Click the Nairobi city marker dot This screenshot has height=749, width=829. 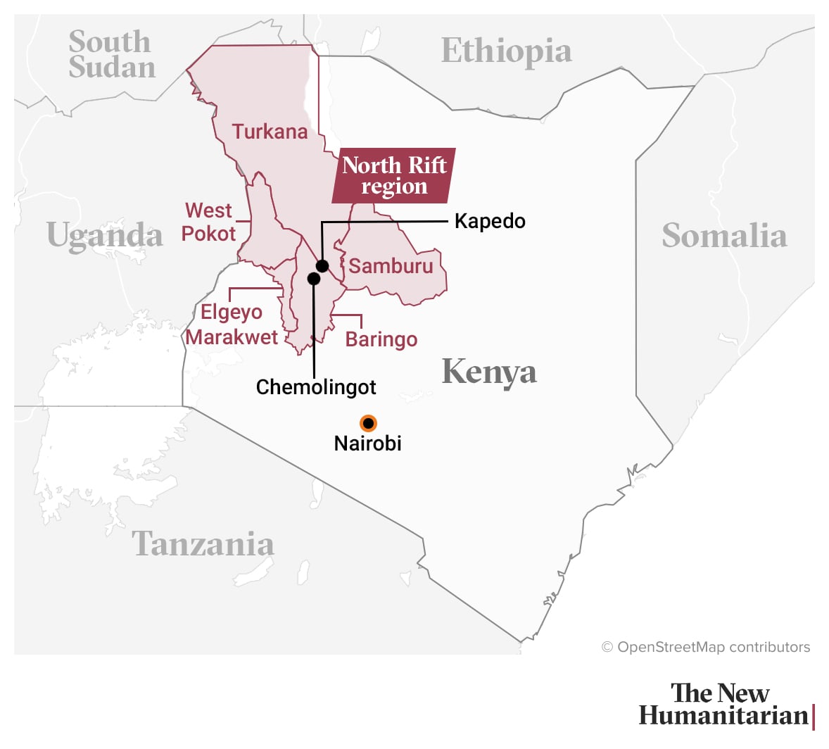point(368,423)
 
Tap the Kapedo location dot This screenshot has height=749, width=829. point(322,265)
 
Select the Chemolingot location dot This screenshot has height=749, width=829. point(314,279)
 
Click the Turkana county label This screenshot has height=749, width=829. point(270,132)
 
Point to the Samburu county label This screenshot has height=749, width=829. point(391,266)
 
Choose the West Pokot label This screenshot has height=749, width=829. point(208,222)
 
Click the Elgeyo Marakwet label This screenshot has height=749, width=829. point(232,325)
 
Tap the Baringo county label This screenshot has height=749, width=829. point(381,339)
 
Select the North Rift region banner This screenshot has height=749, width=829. point(394,175)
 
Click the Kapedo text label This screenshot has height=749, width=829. point(490,221)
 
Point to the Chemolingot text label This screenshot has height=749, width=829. point(316,387)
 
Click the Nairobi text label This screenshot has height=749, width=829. point(367,443)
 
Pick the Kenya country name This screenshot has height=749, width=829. point(489,372)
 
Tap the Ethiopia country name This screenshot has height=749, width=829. point(506,51)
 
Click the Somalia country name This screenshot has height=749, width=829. point(724,236)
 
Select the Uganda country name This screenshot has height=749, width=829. point(105,235)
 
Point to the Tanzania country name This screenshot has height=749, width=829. point(203,544)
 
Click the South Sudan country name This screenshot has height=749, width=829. point(111,55)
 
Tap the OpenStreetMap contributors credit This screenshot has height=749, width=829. point(706,647)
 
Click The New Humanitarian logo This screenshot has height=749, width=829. point(726,704)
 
